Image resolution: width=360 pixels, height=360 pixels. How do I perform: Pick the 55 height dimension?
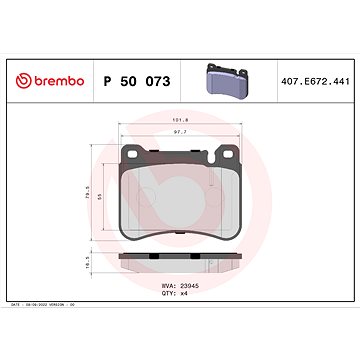tap(100, 200)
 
